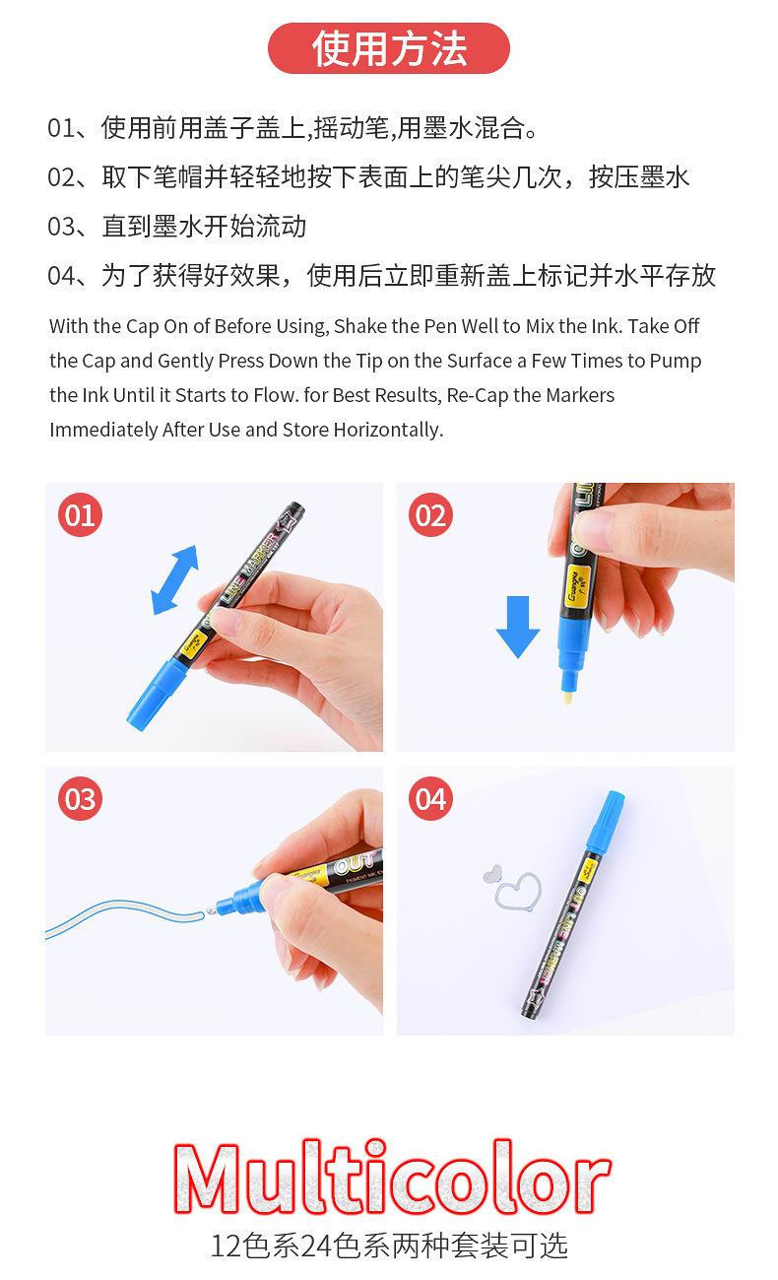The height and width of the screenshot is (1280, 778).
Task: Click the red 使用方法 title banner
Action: point(388,48)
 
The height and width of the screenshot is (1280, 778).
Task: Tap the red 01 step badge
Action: point(81,515)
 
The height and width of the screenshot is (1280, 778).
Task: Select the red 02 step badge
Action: point(430,515)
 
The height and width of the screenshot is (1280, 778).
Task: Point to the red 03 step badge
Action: point(81,799)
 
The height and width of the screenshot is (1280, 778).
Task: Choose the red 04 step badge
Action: point(430,799)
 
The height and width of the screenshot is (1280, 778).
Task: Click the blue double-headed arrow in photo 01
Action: point(174,580)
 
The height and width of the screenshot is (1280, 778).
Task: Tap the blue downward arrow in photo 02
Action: point(517,627)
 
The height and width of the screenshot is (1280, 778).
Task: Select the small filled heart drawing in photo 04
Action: point(493,874)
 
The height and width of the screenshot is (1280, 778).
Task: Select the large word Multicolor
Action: point(390,1179)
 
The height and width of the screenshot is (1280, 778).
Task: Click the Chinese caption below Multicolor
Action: point(389,1246)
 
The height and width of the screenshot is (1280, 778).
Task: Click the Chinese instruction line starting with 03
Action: point(177,227)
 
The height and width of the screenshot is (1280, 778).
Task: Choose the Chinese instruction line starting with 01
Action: point(292,128)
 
